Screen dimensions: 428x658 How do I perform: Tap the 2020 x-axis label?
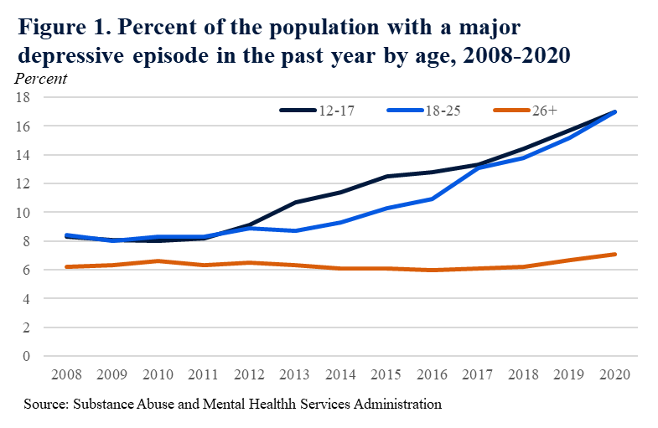coord(615,373)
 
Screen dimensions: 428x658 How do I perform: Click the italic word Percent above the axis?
coord(41,79)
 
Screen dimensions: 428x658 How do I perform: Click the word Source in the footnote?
coord(44,405)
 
